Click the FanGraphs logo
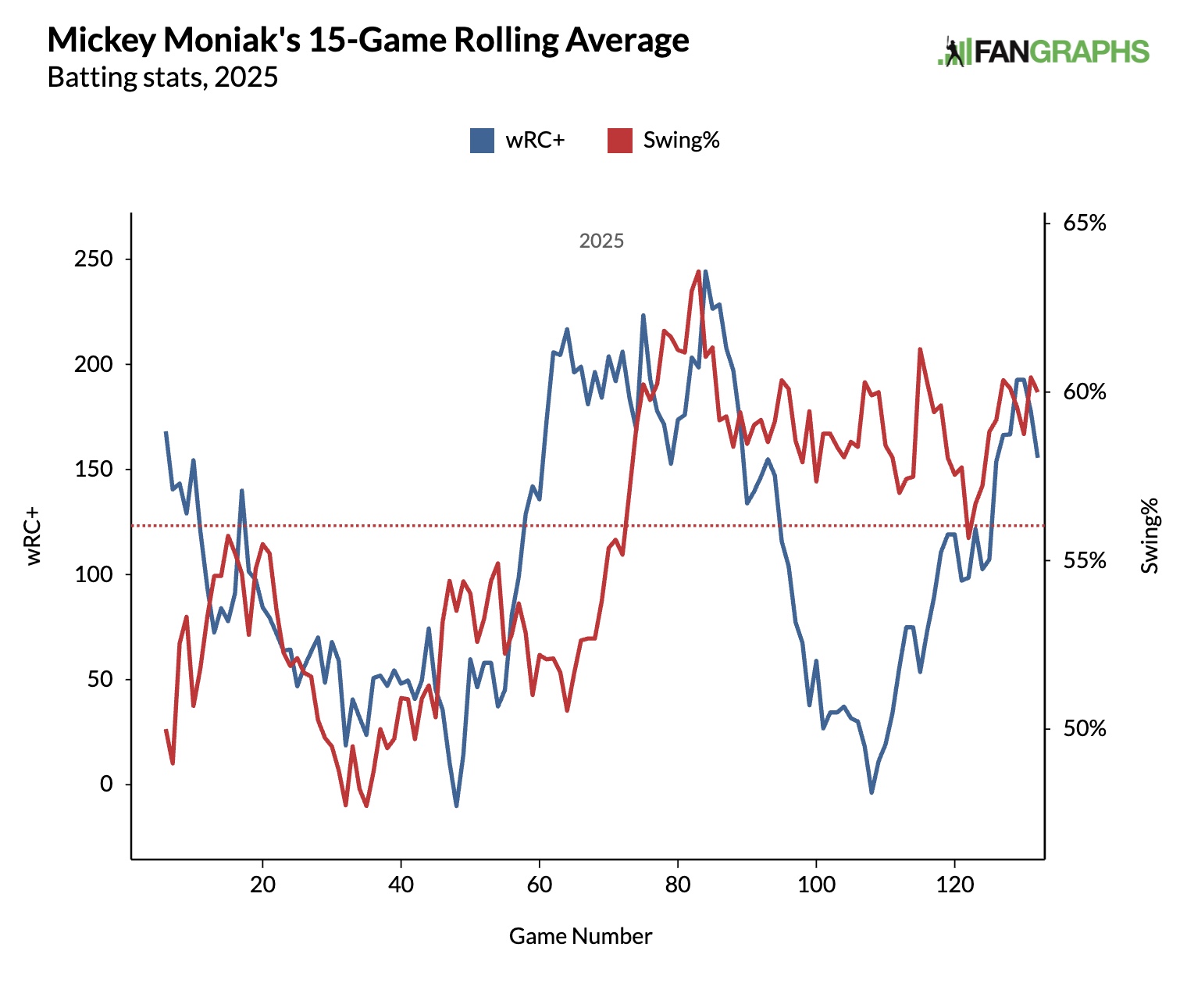[1043, 52]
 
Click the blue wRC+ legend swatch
[482, 141]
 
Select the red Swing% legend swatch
[619, 141]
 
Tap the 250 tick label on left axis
[93, 259]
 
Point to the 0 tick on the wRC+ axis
[106, 785]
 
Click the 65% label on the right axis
[1085, 223]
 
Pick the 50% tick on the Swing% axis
[1085, 729]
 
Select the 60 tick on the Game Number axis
[539, 885]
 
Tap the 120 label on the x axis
[954, 885]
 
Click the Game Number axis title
[580, 936]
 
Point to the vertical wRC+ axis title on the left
[34, 536]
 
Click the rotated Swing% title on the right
[1150, 536]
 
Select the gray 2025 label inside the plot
[601, 241]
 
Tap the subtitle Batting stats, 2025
[162, 77]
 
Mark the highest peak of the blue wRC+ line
[705, 272]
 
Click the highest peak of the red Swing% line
[698, 271]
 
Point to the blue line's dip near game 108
[872, 792]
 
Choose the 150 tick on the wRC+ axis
[93, 470]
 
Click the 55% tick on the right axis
[1085, 561]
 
